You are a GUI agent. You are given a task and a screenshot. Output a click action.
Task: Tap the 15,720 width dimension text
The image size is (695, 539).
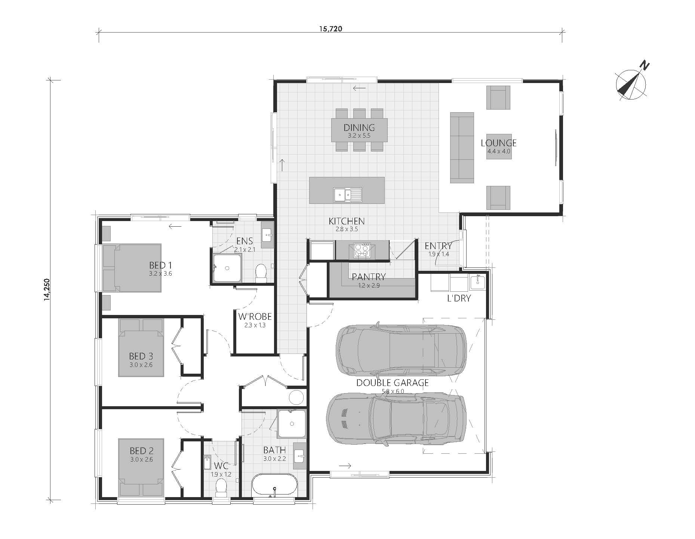coord(330,29)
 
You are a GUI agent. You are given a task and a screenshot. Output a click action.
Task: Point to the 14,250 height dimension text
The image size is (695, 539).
coord(46,289)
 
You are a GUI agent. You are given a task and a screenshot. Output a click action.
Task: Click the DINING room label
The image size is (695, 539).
coord(359,128)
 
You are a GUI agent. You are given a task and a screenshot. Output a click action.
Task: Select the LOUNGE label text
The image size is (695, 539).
coord(498,143)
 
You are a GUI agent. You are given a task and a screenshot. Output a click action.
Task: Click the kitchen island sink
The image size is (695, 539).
coord(347,195)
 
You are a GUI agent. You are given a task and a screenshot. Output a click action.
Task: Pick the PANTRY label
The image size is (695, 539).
coord(369,277)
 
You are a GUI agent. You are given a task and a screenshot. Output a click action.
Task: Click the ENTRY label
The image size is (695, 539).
coord(438,246)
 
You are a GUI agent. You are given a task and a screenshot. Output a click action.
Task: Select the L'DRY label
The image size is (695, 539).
coord(459,298)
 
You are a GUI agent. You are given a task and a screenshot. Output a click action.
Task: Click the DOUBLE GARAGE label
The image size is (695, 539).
coord(392,383)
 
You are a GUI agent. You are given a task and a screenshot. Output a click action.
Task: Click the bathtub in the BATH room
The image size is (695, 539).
coord(274,485)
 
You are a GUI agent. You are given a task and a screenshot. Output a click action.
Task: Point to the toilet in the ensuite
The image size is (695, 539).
coord(261,273)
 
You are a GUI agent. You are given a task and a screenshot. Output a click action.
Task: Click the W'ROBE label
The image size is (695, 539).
coord(255,317)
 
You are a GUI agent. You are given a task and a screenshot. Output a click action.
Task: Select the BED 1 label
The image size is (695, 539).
coord(160,265)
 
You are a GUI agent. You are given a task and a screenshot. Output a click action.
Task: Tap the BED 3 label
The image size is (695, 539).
coord(141,356)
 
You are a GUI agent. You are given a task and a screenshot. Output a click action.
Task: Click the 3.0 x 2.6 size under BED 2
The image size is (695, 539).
coord(142,460)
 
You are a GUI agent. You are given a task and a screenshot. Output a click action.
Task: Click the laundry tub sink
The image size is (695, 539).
coord(477,282)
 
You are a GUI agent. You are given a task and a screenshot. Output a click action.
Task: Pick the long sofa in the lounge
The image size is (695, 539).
coord(462,148)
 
